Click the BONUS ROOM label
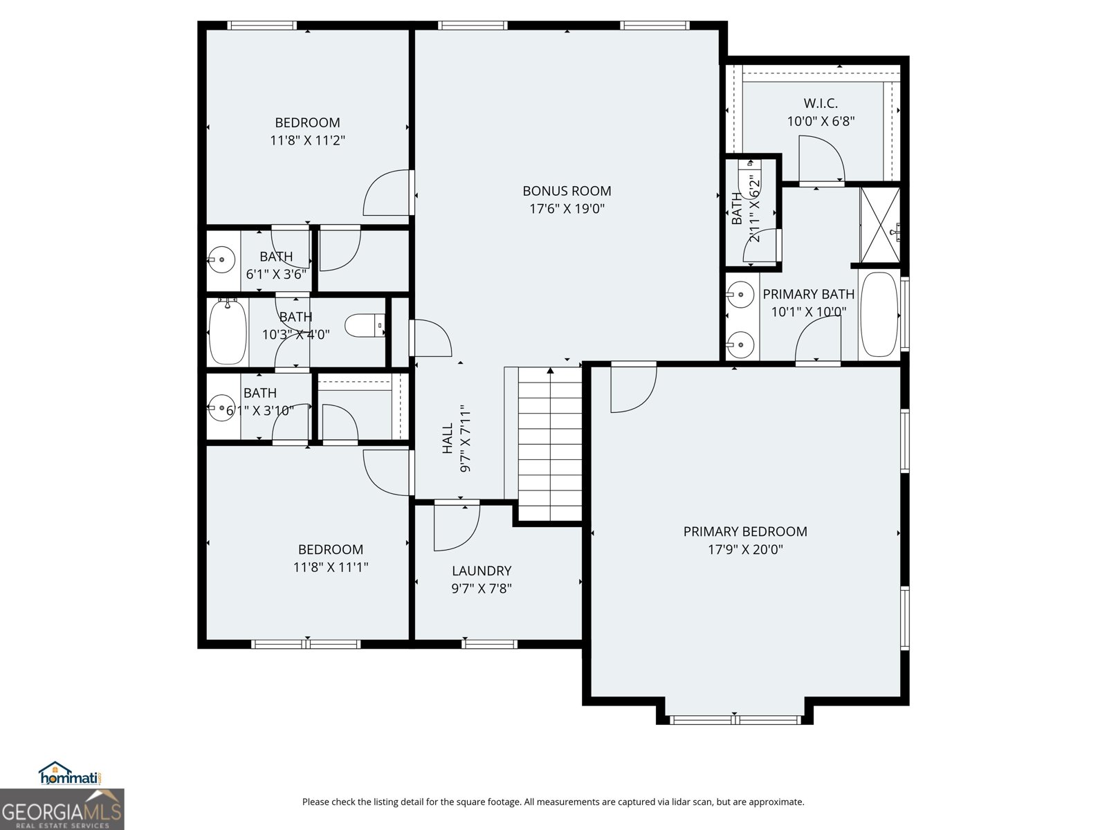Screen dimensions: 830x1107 (x=567, y=191)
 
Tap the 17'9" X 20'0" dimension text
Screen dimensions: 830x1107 (x=745, y=550)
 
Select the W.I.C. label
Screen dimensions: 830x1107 (x=821, y=104)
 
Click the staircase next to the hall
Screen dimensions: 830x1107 (x=550, y=443)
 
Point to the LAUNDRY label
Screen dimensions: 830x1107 (x=482, y=571)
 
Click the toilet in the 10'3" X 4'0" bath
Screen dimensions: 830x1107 (x=364, y=325)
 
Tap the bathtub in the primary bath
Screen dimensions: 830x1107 (x=879, y=315)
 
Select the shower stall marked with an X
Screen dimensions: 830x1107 (x=879, y=225)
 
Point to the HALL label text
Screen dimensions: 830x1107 (x=448, y=439)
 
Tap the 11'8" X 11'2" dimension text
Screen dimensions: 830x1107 (x=307, y=140)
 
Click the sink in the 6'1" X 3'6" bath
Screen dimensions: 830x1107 (x=221, y=261)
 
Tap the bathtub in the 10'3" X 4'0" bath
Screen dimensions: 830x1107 (x=228, y=332)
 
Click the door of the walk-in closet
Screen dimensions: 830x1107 (x=821, y=159)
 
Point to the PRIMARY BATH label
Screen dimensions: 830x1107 (x=808, y=294)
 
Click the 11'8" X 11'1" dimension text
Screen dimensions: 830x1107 (x=330, y=568)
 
